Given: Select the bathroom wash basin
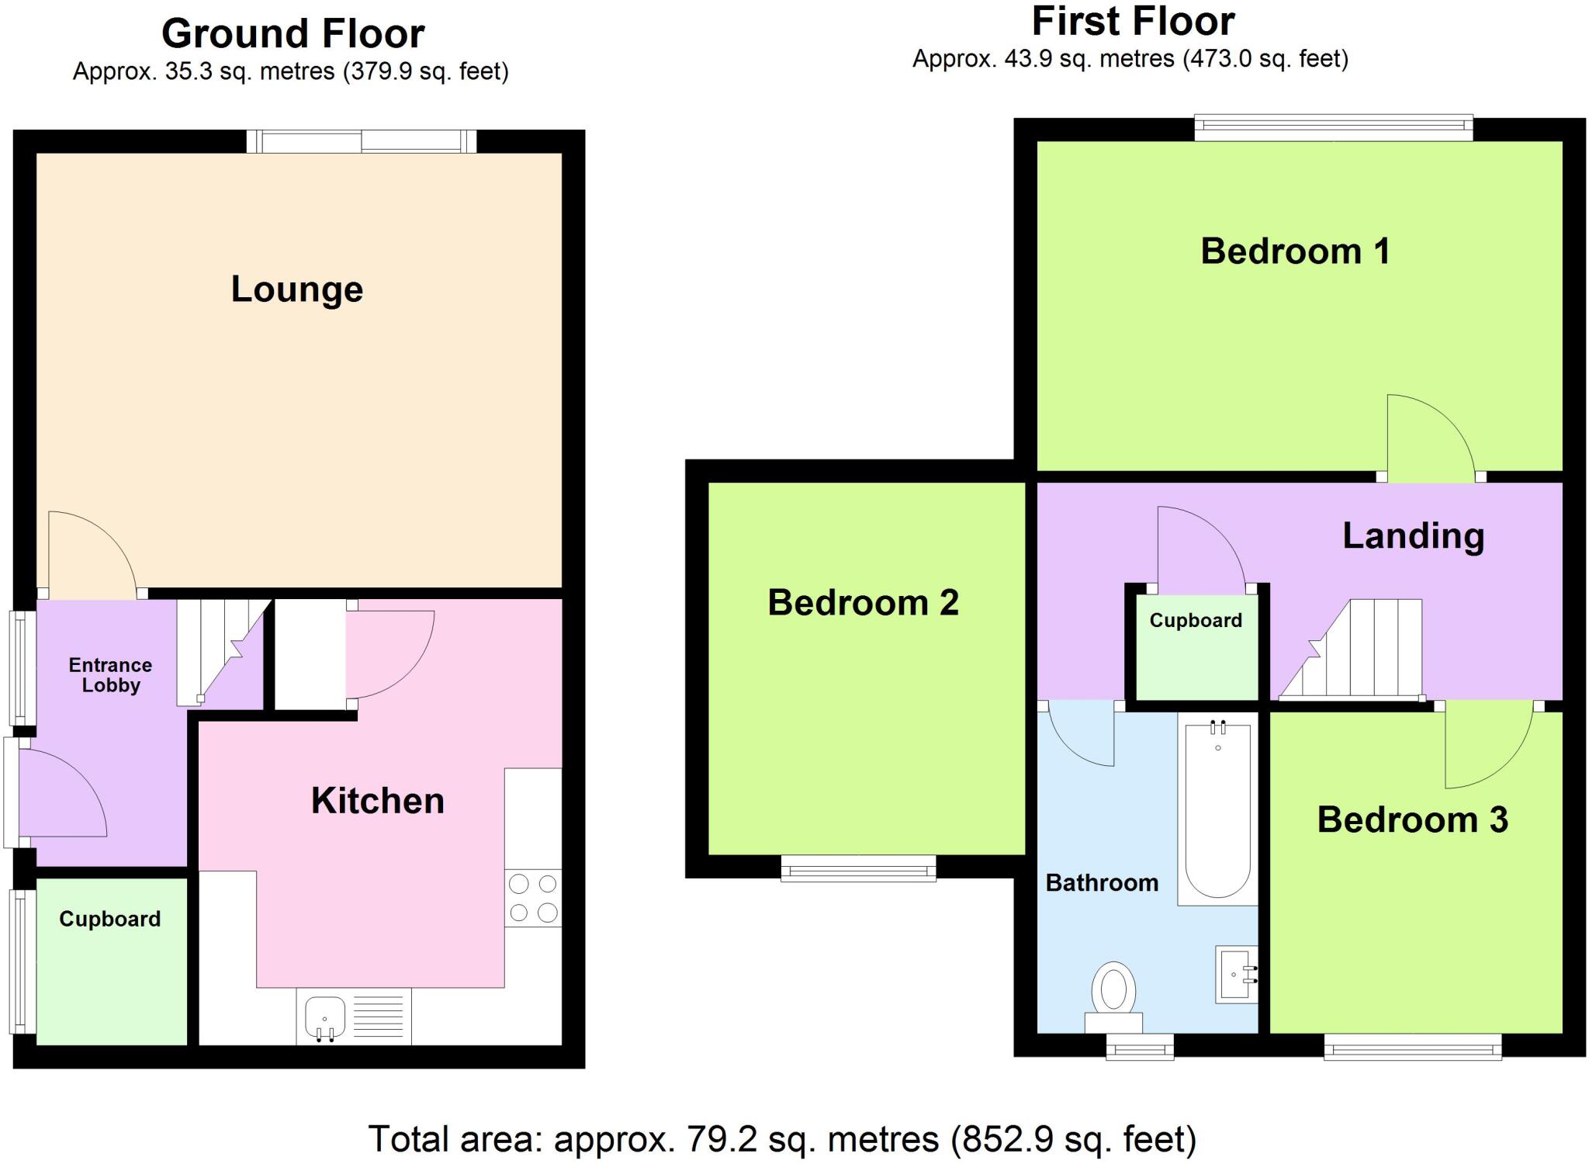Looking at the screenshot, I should [1235, 975].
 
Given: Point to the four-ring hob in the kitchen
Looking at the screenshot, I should [533, 898].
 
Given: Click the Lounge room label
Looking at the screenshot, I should [297, 289].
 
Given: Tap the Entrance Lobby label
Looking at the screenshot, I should [110, 675].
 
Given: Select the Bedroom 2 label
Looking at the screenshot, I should [863, 603].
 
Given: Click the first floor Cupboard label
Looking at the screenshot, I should [1195, 621].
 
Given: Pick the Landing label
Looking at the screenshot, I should [1413, 536].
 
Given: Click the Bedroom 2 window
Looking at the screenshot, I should [858, 869].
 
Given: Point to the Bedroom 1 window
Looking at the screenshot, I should [1333, 128].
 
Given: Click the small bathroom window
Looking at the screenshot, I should [1139, 1048].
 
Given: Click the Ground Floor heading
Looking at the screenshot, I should [293, 34].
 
